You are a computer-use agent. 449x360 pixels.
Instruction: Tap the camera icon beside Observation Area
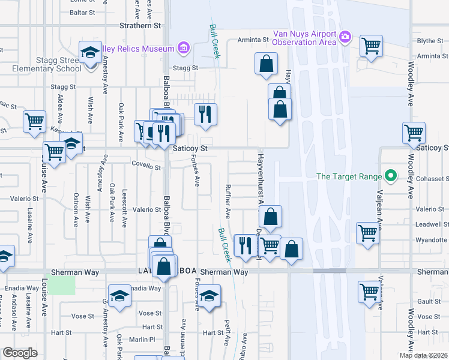click(x=345, y=37)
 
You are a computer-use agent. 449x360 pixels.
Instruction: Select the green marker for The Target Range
click(x=391, y=176)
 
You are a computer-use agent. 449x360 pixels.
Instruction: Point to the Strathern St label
click(x=140, y=26)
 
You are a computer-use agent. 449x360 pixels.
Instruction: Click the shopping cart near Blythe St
click(x=372, y=45)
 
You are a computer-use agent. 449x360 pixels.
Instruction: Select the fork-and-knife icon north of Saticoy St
click(x=205, y=114)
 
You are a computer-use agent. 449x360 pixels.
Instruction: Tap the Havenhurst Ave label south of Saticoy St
click(x=261, y=179)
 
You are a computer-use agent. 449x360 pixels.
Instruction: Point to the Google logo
click(x=20, y=353)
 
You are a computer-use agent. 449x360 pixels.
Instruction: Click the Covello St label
click(x=146, y=167)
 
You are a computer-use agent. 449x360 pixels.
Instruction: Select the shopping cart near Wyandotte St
click(x=367, y=233)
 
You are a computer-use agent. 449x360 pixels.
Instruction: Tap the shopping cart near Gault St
click(x=370, y=292)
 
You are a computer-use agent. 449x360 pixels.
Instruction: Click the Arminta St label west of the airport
click(x=252, y=40)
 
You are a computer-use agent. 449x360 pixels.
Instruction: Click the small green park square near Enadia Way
click(x=62, y=285)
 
